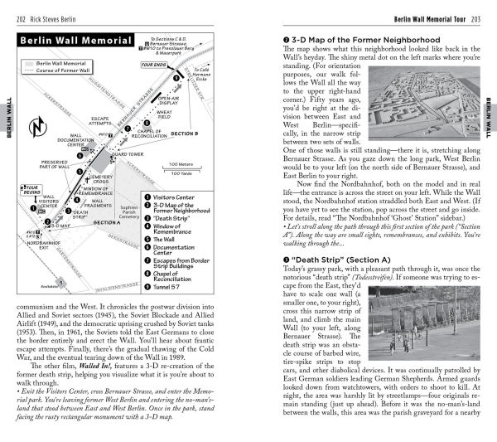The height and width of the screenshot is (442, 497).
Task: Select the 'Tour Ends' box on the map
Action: tap(153, 63)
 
